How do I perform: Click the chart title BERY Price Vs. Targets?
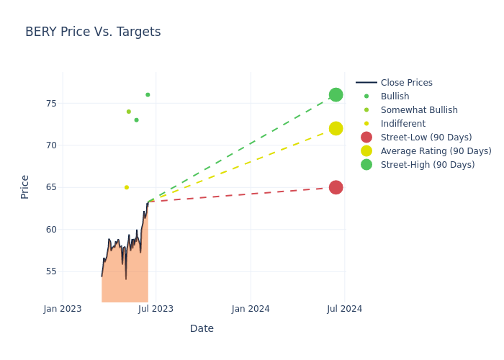click(93, 32)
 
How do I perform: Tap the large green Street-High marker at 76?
click(336, 95)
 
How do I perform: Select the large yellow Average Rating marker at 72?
click(336, 128)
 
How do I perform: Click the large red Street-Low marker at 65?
click(336, 187)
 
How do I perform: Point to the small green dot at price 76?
click(148, 95)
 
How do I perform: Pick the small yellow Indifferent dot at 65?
click(127, 187)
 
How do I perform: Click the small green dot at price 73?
click(136, 120)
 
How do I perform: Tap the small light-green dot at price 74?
click(129, 112)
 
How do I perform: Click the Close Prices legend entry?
click(406, 83)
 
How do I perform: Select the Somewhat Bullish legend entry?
click(419, 110)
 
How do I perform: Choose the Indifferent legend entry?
click(402, 124)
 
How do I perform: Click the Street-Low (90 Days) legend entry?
click(426, 138)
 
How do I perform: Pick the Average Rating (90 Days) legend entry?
click(436, 151)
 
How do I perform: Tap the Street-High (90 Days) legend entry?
click(428, 165)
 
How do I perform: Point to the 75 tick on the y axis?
click(50, 104)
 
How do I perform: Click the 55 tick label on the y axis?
click(50, 271)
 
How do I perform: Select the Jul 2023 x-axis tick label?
click(156, 309)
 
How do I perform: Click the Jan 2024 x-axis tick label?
click(251, 309)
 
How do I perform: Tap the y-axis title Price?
click(25, 186)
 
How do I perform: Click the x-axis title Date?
click(202, 328)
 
